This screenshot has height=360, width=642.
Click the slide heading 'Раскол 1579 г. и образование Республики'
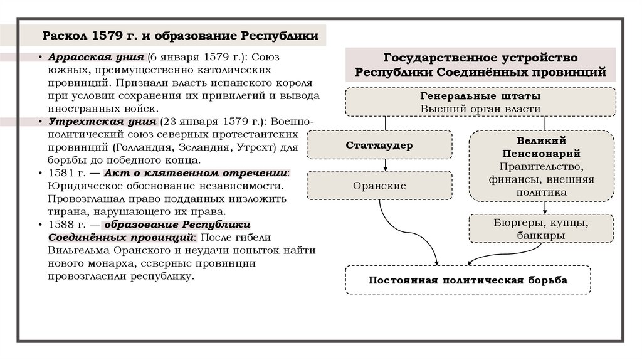point(180,35)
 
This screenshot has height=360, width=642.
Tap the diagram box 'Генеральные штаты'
point(480,102)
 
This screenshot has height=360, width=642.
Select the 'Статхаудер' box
point(379,146)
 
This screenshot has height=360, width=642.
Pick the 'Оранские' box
point(379,186)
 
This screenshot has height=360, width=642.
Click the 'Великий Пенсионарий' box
point(542,166)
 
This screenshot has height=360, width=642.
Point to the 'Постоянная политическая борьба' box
point(468,280)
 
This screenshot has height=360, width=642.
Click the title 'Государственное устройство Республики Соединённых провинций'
point(480,65)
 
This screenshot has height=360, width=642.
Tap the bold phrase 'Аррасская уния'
point(88,56)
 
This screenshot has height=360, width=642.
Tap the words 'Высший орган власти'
point(480,109)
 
